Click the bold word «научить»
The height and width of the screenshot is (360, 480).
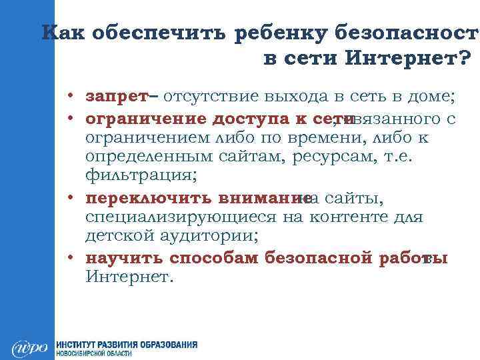point(125,259)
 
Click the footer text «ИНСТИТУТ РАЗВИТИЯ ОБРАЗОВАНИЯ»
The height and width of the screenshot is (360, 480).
point(127,345)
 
